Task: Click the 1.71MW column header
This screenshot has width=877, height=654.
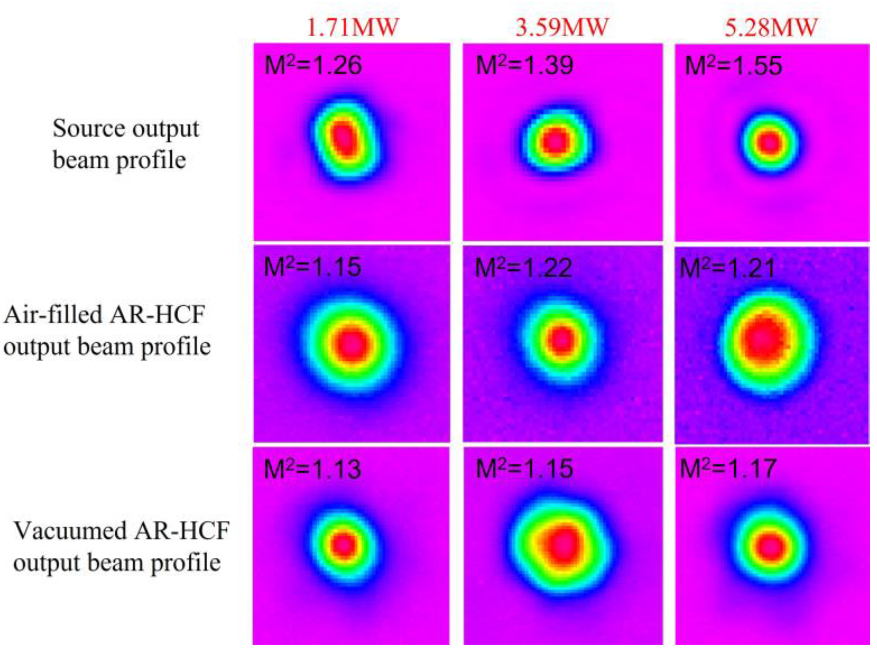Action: click(x=353, y=28)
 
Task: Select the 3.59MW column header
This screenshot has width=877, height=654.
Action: click(x=561, y=28)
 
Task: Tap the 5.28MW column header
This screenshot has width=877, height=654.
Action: click(x=771, y=28)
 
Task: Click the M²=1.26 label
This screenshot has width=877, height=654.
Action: click(x=313, y=65)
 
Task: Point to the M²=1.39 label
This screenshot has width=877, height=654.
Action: click(x=524, y=65)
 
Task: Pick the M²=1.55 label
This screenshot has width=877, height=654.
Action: click(x=733, y=66)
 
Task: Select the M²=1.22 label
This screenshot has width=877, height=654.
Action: click(x=523, y=268)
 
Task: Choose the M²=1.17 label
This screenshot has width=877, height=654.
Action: click(x=728, y=469)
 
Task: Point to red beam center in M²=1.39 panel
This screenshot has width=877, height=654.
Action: click(x=555, y=142)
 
